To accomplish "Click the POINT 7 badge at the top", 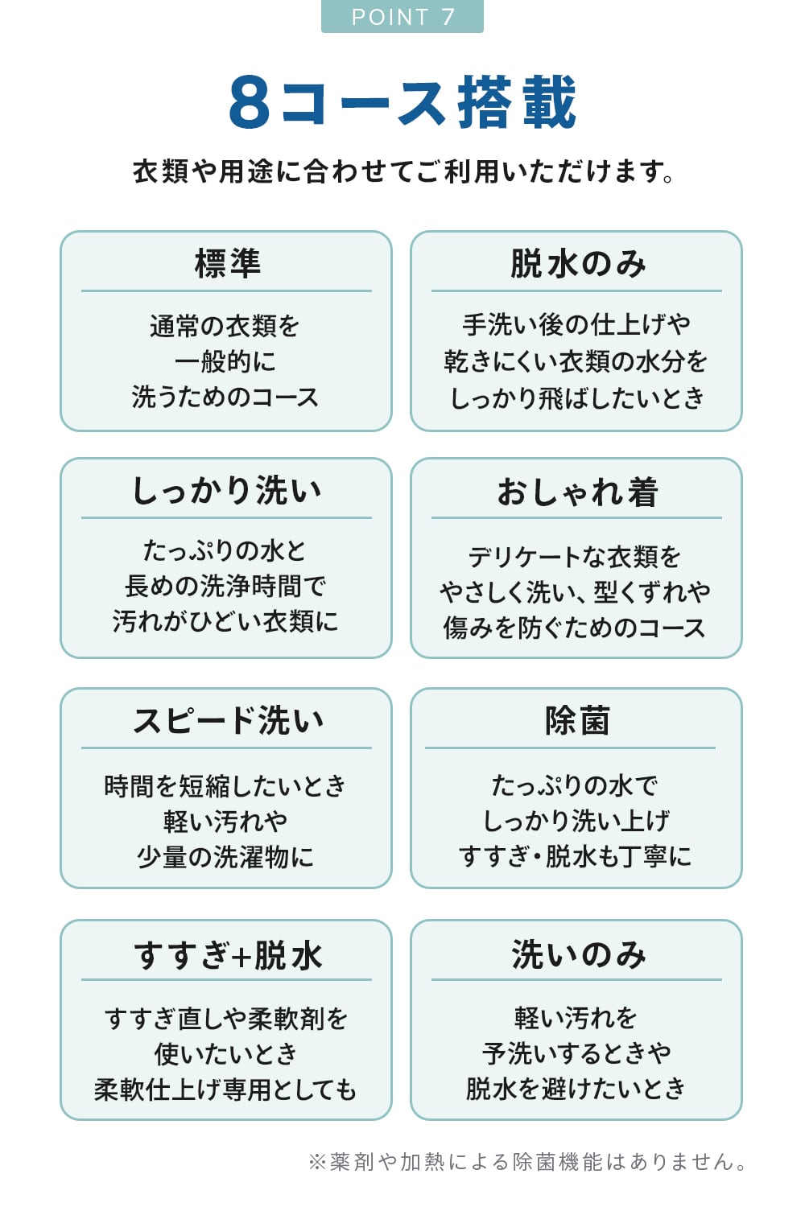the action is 402,17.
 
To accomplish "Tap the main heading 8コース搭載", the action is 402,103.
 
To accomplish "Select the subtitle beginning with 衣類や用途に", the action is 402,171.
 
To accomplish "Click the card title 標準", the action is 227,264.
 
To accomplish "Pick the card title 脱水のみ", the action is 577,264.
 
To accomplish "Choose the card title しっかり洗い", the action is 227,491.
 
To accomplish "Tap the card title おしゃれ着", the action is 577,492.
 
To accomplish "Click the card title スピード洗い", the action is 227,721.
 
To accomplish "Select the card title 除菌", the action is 577,721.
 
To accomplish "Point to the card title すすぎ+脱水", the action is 227,955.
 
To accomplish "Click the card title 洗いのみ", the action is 577,955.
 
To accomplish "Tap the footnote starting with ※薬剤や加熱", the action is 528,1162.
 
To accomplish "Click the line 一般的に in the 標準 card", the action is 225,361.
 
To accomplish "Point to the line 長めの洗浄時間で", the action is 225,586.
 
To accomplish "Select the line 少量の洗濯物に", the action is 225,857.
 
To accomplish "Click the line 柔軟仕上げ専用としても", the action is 225,1090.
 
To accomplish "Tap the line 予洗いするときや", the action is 576,1053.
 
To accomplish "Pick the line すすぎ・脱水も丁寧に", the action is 575,856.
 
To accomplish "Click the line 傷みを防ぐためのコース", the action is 575,628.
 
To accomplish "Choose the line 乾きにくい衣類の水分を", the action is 576,361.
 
